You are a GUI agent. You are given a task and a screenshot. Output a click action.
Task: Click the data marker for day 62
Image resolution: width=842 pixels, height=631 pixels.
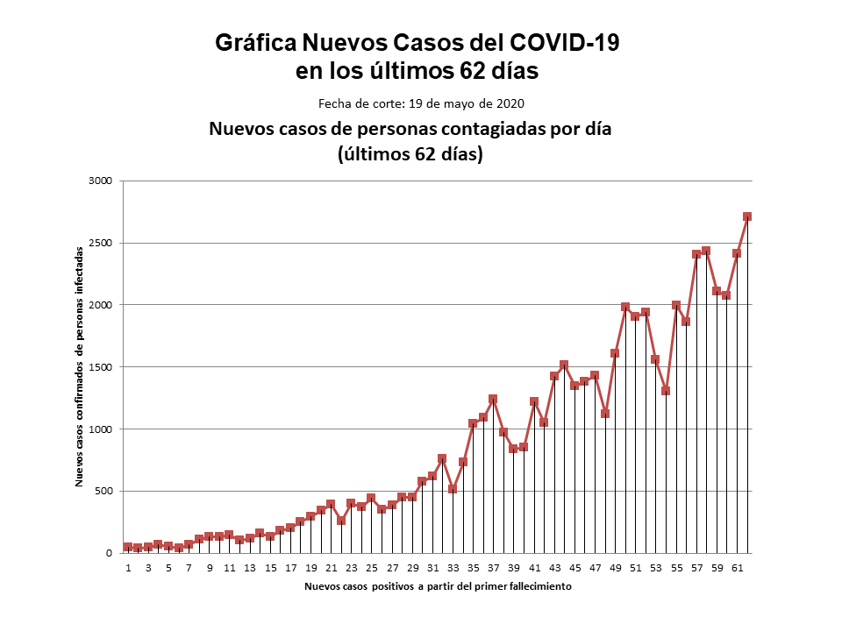pos(746,216)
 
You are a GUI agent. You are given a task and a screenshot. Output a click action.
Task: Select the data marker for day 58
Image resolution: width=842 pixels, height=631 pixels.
pos(706,251)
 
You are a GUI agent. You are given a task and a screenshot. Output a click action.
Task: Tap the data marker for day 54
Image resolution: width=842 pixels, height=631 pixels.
pos(666,390)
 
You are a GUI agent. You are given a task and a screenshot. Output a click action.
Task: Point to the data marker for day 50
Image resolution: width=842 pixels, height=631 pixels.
pos(625,307)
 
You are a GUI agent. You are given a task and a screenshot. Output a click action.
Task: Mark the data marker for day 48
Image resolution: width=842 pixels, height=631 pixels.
pos(605,413)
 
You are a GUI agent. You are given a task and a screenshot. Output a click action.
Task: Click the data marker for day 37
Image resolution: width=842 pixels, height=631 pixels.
pos(493,399)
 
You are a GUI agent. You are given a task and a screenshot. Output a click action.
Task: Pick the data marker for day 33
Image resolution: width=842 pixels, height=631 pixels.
pos(453,488)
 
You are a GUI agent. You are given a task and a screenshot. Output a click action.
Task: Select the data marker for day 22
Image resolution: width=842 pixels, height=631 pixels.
pos(341,521)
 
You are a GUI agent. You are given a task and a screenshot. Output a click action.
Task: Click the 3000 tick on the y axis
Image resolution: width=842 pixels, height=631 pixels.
pos(103,181)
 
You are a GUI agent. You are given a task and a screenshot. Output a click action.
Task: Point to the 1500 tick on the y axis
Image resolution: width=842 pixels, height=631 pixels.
pos(103,367)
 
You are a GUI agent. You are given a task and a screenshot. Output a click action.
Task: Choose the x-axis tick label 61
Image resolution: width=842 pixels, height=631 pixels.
pos(737,568)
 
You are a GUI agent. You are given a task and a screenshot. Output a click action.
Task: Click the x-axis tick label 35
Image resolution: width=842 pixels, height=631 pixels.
pos(473,568)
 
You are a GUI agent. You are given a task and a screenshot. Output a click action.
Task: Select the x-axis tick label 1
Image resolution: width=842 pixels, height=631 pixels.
pos(128,568)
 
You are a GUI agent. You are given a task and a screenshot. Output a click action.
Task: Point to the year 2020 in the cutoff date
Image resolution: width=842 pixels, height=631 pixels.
pos(511,103)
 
